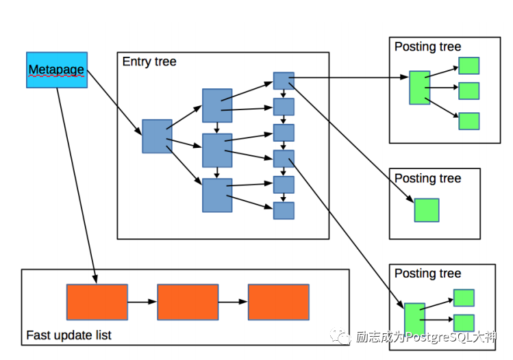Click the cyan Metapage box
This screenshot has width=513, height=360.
pos(57,69)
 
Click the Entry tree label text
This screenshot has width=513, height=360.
pos(149,62)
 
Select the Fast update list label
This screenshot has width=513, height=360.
pos(68,335)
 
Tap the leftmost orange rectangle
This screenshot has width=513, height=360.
pos(97,302)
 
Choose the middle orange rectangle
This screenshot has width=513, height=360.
pos(188,302)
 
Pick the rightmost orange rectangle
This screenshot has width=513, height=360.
pos(278,302)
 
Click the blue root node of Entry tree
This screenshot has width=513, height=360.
pos(157,136)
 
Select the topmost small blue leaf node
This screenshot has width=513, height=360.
pos(284,81)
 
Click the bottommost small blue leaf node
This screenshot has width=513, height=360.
pos(284,210)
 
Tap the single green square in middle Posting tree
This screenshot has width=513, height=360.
pos(426,210)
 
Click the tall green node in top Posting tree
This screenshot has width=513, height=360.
pos(419,88)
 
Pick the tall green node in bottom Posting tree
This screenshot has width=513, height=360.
pos(414,319)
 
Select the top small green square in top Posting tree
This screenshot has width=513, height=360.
pos(468,66)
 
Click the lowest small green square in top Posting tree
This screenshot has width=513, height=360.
pos(468,121)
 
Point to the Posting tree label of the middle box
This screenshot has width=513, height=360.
pos(427,179)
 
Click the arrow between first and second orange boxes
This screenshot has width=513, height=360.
pos(142,302)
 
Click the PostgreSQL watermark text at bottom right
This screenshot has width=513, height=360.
pos(425,337)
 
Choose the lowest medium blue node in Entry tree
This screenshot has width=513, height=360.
pos(217,195)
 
